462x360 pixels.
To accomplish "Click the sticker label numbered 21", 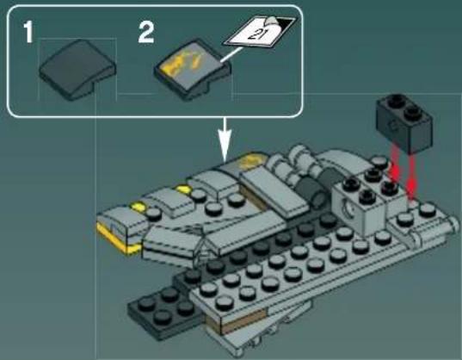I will click(x=257, y=34).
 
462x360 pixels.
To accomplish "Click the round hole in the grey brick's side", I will click(x=354, y=209).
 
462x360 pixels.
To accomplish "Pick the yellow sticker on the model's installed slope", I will click(x=250, y=160).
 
